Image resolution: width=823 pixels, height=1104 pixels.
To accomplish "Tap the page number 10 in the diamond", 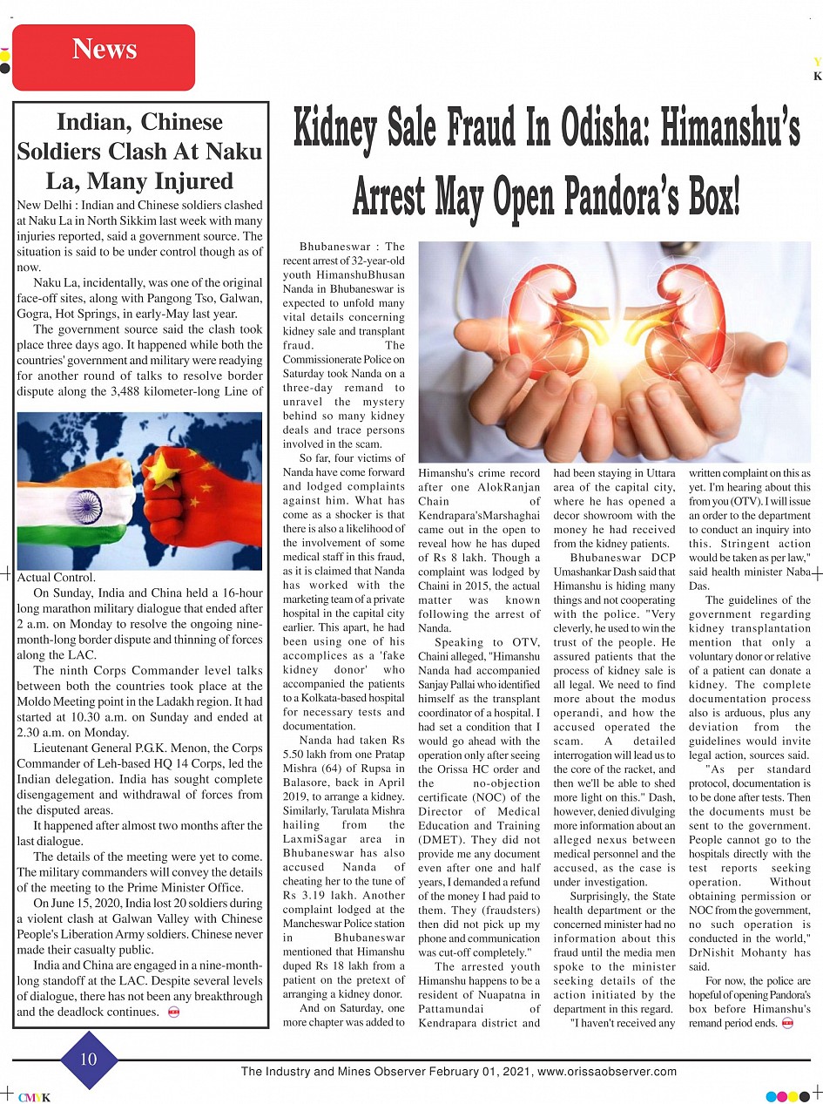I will tap(88, 1060).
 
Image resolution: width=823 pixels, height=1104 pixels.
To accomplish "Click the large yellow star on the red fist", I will tap(160, 471).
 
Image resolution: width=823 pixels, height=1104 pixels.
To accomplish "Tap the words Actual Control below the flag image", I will tap(57, 577).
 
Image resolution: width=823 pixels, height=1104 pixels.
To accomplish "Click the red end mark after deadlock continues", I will tap(173, 1012).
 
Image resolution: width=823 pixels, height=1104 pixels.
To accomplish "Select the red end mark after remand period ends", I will tap(788, 1022).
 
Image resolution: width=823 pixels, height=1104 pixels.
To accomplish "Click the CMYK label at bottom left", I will tap(34, 1097).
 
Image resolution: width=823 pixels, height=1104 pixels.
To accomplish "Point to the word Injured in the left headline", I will tap(189, 181).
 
